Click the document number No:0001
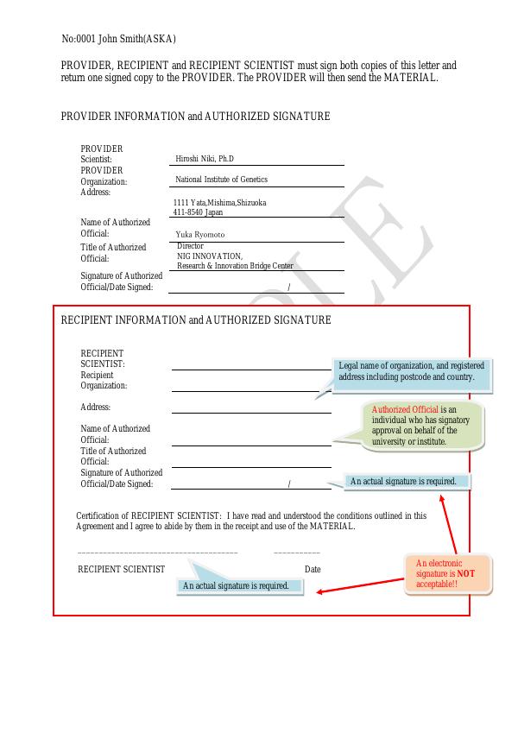[x=78, y=39]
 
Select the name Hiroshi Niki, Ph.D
[x=205, y=159]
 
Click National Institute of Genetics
[x=221, y=180]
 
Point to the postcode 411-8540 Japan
[x=198, y=212]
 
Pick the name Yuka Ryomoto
[x=200, y=234]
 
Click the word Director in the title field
[x=190, y=246]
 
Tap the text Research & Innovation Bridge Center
[x=235, y=266]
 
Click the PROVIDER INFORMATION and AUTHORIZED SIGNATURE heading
[x=195, y=117]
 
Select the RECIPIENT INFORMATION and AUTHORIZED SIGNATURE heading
[x=196, y=320]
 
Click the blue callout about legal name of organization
[x=411, y=372]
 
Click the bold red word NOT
[x=465, y=573]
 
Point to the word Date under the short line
[x=313, y=569]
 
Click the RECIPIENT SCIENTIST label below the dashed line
[x=121, y=569]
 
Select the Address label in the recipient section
[x=95, y=408]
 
